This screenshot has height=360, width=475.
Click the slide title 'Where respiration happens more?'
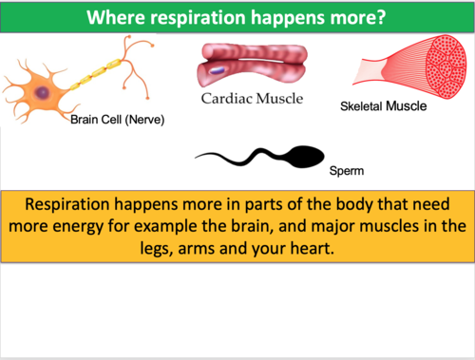tap(237, 17)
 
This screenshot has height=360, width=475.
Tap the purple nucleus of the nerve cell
tap(43, 92)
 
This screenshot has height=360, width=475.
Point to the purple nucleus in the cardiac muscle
tap(218, 70)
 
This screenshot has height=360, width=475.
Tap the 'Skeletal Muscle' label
tap(383, 106)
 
